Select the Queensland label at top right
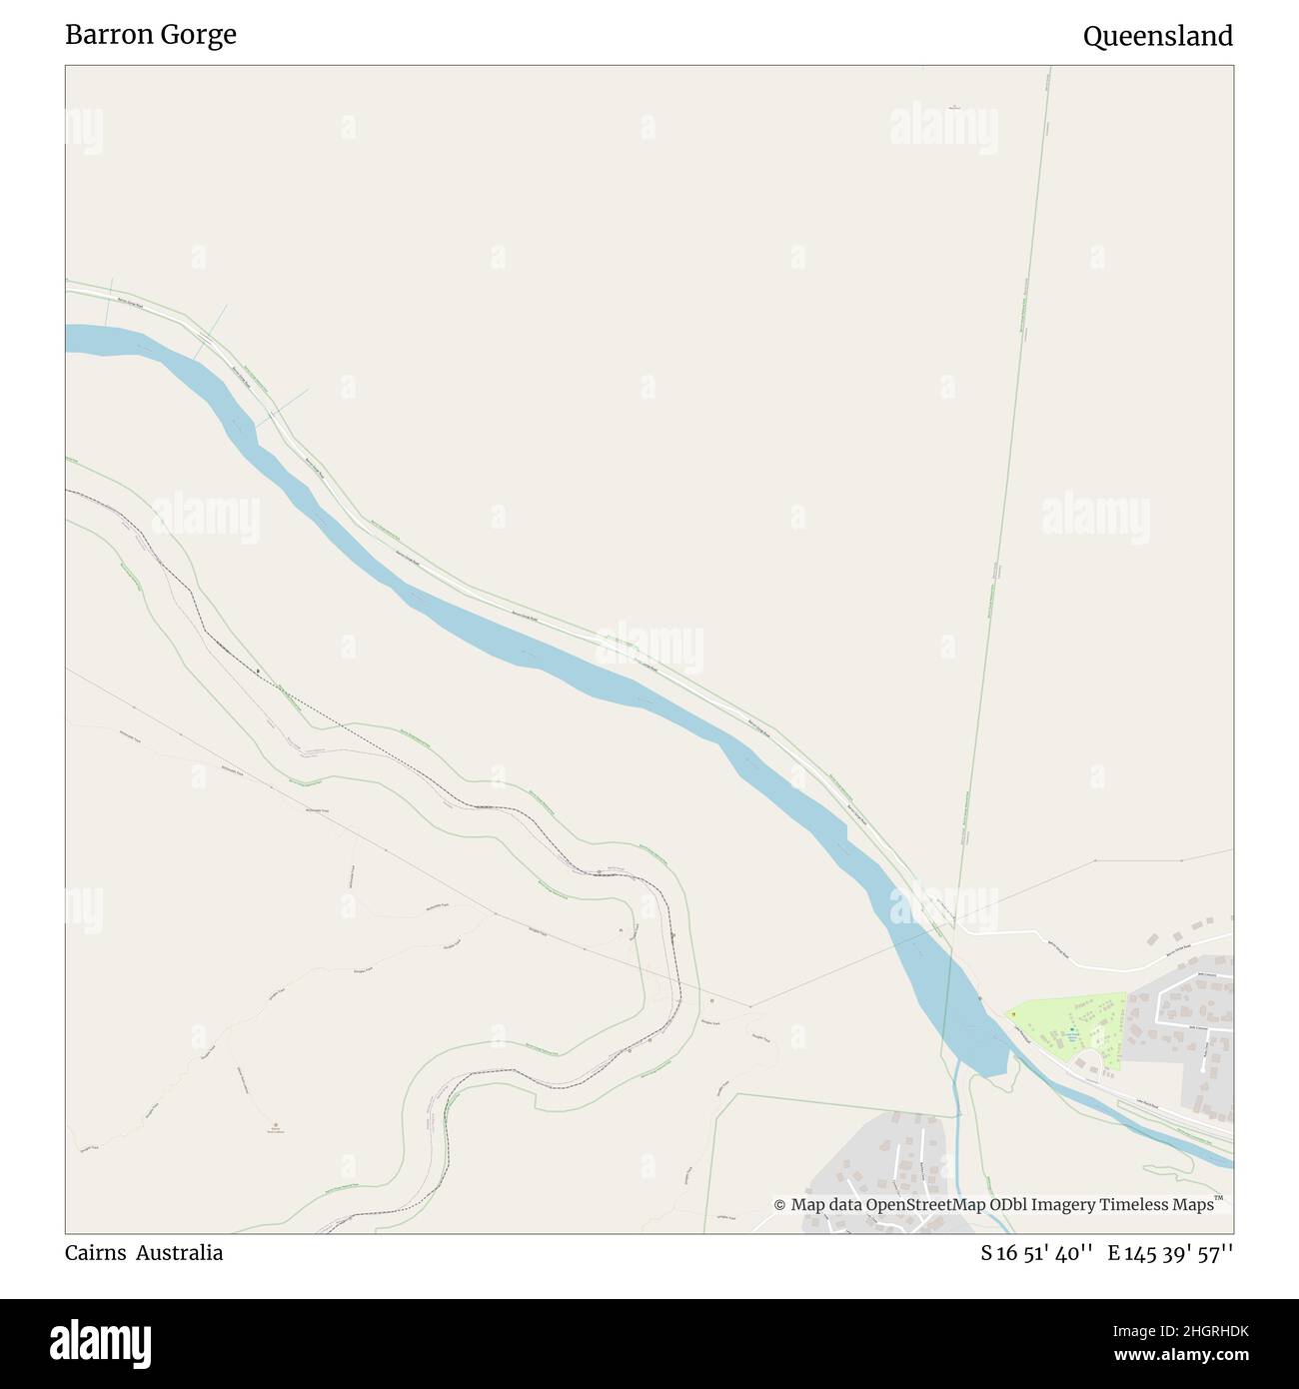[x=1157, y=37]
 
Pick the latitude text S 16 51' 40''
[x=1037, y=1252]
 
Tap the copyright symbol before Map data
[x=780, y=1205]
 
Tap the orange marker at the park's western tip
[x=1013, y=1014]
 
